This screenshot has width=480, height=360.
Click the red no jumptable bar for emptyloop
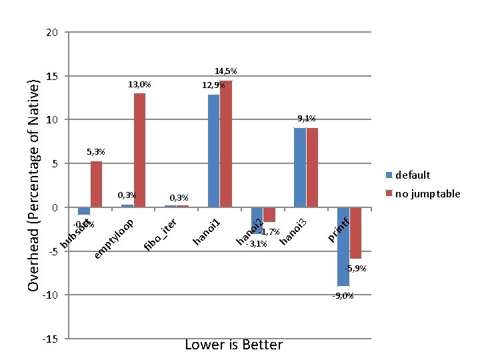tap(139, 150)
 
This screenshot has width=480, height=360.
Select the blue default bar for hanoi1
tap(213, 151)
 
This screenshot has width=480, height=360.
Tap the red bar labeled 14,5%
tap(226, 144)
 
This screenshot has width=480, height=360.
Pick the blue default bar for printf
tap(343, 246)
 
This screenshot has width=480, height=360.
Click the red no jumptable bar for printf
tap(355, 233)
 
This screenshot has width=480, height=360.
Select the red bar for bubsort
tap(97, 184)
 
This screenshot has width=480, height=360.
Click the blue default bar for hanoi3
tap(300, 167)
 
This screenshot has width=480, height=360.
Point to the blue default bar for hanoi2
tap(257, 220)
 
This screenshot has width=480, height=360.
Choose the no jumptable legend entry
tap(423, 194)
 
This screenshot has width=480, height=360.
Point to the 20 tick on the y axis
tap(53, 33)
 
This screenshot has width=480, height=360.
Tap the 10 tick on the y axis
tap(53, 120)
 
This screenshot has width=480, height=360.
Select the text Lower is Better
tap(233, 345)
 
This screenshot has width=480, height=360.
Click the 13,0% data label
tap(139, 85)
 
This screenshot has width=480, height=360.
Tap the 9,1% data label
tap(307, 119)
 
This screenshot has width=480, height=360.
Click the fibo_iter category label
tap(160, 235)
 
